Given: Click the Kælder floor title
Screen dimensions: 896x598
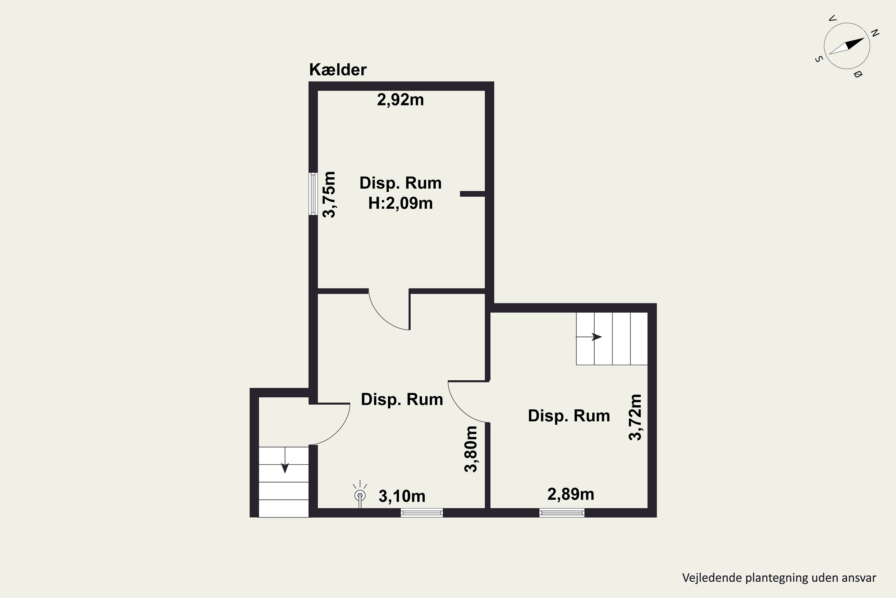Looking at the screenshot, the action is (x=338, y=70).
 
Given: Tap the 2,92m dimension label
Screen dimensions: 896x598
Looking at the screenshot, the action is (x=401, y=100).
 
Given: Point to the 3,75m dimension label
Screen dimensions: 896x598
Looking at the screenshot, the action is (x=329, y=195).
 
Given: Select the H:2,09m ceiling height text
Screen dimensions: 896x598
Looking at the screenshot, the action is (x=401, y=203).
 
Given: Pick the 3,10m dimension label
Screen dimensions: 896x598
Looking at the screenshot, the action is (x=402, y=496).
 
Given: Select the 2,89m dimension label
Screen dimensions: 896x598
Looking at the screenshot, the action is (x=571, y=494).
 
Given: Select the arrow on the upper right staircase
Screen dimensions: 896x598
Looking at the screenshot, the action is (x=589, y=337).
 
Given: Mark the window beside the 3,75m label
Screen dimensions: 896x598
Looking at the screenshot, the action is (x=313, y=194).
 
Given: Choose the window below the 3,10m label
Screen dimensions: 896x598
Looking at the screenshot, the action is (x=422, y=513).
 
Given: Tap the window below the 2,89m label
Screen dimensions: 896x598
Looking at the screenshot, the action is (x=562, y=513).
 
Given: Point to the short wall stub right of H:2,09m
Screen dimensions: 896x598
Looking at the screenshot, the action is (x=472, y=194).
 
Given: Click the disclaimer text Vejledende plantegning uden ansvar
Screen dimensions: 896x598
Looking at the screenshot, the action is (x=779, y=578).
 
